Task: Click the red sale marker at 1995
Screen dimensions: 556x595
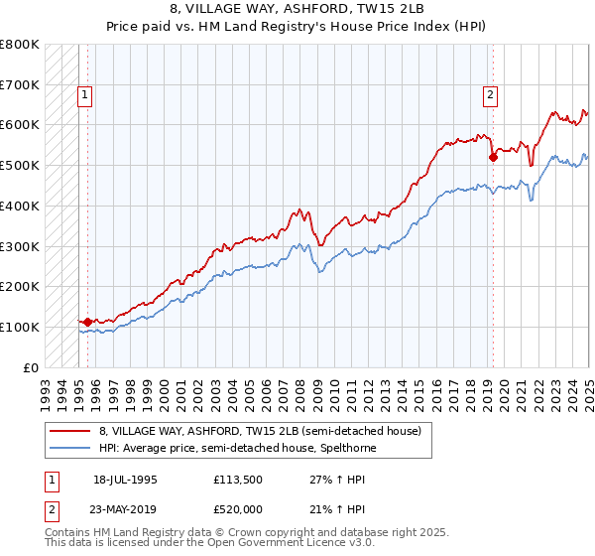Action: tap(87, 322)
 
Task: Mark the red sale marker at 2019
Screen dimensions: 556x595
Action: tap(492, 156)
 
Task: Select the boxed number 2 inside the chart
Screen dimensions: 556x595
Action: tap(490, 96)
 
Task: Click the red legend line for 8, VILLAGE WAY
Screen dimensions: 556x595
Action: tap(70, 431)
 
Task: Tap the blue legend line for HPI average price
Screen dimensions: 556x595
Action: tap(70, 449)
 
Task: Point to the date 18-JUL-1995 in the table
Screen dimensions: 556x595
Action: tap(125, 480)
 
